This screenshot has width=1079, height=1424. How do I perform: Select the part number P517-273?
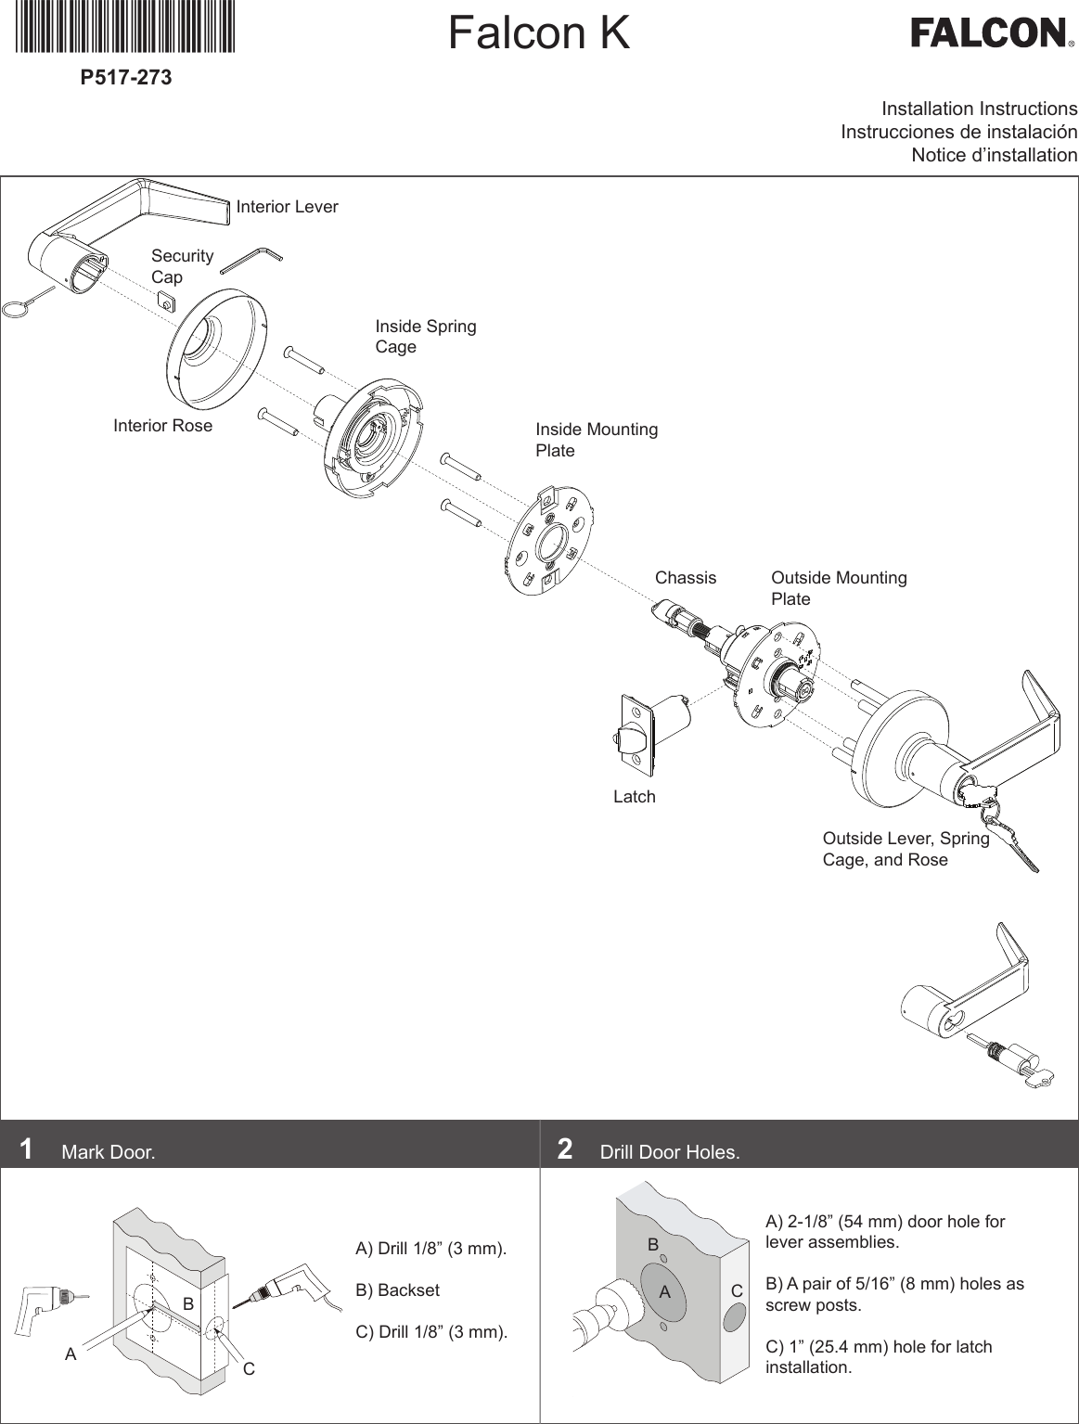[x=126, y=78]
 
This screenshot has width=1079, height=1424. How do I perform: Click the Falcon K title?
[x=538, y=33]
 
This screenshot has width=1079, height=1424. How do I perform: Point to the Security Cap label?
[x=182, y=266]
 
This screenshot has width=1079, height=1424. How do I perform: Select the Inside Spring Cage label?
[x=425, y=336]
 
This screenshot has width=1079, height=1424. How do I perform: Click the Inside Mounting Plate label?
[x=596, y=440]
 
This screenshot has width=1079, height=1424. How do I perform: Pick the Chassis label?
[x=686, y=578]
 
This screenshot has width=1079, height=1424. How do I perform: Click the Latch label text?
[x=635, y=797]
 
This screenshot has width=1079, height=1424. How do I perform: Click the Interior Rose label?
[x=162, y=426]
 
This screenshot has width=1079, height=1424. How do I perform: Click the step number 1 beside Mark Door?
[x=27, y=1149]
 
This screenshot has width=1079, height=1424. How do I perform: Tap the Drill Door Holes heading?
[x=670, y=1152]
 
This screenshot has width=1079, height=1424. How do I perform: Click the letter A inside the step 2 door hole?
[x=664, y=1291]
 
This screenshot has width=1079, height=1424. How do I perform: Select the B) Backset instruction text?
[x=398, y=1290]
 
